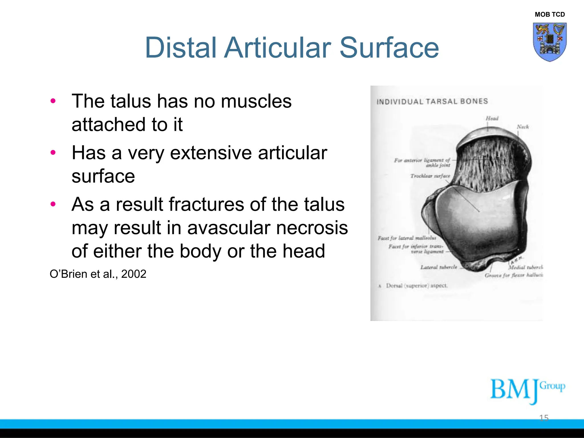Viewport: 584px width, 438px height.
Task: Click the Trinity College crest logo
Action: tap(549, 42)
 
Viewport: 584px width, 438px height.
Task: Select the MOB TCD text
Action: tap(549, 15)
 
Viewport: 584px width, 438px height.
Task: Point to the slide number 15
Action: tap(544, 418)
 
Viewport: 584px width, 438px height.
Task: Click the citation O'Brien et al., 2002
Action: tap(98, 274)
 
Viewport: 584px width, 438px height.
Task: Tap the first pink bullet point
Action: tap(53, 101)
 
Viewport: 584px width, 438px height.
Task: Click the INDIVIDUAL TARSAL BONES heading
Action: tap(432, 102)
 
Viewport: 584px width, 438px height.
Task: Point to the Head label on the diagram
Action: tap(492, 118)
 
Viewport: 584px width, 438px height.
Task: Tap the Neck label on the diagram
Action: tap(523, 127)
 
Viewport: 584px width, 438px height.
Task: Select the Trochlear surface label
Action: tap(430, 176)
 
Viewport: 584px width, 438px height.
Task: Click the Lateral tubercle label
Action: tap(439, 267)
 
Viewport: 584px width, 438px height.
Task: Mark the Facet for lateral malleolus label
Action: tap(407, 238)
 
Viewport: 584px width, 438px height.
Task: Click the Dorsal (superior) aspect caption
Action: tap(417, 286)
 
